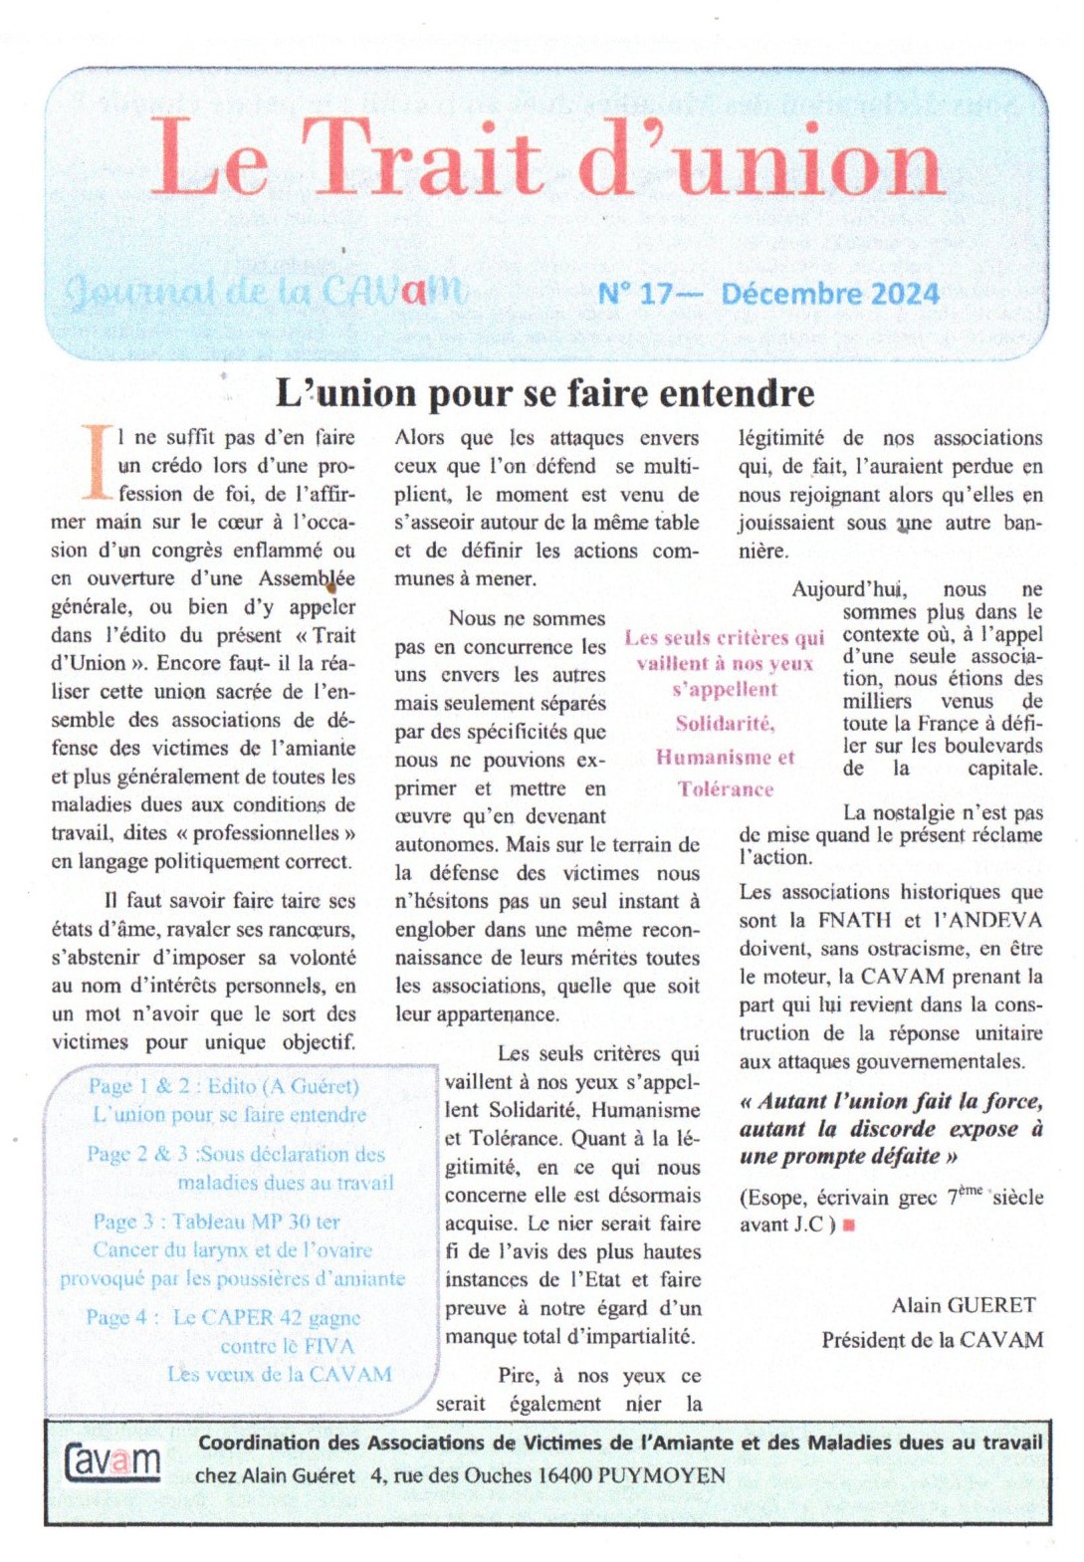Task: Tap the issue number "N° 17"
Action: [x=635, y=294]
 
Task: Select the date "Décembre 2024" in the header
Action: [x=830, y=294]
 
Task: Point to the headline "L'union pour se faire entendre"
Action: [x=544, y=393]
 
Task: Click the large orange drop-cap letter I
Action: [x=97, y=462]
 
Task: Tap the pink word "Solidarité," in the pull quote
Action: [x=725, y=723]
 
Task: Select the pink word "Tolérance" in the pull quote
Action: [x=725, y=788]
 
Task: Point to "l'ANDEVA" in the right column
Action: [x=987, y=920]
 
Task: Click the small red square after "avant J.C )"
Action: [x=849, y=1226]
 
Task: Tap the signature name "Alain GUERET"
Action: [x=963, y=1304]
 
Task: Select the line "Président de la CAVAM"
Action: [x=932, y=1340]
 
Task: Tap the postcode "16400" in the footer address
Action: [x=565, y=1475]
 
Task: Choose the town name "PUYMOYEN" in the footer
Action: [x=662, y=1475]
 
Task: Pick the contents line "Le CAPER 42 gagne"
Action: [x=267, y=1317]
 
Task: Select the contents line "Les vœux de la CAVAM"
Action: [x=280, y=1374]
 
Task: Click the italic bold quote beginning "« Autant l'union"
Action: [x=891, y=1129]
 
